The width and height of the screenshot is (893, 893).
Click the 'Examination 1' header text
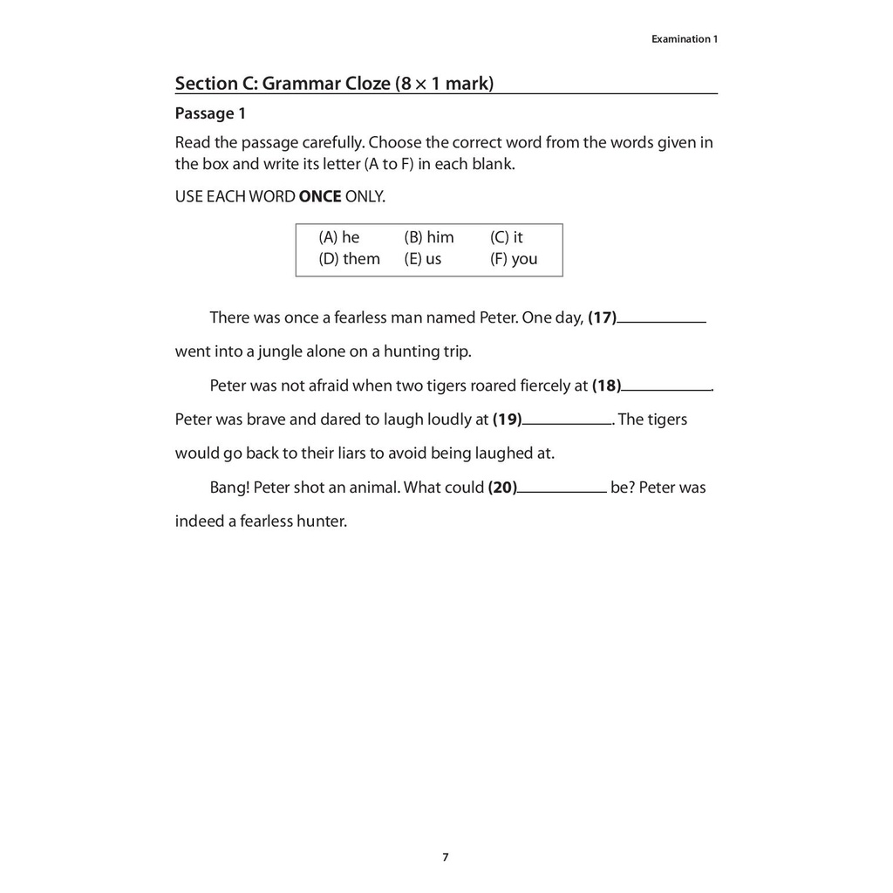[x=685, y=39]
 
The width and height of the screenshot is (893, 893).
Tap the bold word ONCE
[x=320, y=196]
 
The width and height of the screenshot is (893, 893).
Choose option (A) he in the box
[x=339, y=237]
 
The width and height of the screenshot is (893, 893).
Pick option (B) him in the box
[x=429, y=237]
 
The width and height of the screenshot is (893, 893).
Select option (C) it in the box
[x=507, y=237]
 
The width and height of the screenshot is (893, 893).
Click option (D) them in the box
[x=350, y=259]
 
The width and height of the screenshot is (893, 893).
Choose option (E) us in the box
[x=423, y=259]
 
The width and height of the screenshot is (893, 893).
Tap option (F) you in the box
[x=514, y=259]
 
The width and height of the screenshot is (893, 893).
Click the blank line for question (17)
[x=661, y=321]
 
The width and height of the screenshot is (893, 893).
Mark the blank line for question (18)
[x=667, y=388]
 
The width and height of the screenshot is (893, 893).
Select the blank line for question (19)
[x=567, y=422]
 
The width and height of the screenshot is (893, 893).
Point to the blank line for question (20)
[x=562, y=490]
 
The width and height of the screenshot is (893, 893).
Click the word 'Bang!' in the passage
[x=229, y=487]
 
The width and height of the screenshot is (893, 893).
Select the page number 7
[x=446, y=857]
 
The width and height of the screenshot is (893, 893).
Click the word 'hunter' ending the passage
[x=320, y=521]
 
